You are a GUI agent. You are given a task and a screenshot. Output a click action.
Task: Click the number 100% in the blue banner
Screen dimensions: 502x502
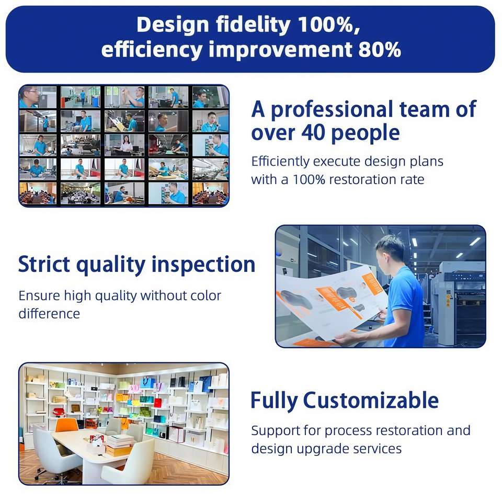[328, 25]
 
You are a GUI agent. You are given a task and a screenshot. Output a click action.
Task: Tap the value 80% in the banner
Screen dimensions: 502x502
[380, 50]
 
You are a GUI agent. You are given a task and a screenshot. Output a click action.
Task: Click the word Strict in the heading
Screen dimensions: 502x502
[44, 264]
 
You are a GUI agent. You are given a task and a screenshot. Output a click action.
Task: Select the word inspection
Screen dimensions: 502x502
[203, 266]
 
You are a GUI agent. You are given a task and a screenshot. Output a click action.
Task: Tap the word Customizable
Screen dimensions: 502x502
[371, 400]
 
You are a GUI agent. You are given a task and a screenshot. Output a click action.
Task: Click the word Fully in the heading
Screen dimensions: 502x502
[274, 401]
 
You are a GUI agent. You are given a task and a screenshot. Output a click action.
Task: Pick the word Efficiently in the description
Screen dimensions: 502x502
[280, 162]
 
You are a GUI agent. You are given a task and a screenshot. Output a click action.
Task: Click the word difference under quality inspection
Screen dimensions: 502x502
[49, 313]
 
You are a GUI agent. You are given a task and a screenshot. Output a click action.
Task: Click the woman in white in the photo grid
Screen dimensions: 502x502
[127, 144]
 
